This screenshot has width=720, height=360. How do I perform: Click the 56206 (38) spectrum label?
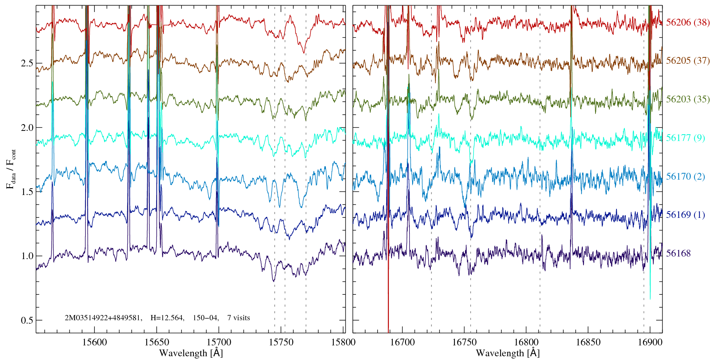tap(688, 22)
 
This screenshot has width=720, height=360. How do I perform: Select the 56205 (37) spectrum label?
tap(688, 61)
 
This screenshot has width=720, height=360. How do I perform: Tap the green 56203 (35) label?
tap(688, 99)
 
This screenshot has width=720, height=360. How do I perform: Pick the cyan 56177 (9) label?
tap(685, 138)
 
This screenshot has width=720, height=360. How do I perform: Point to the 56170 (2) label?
tap(685, 177)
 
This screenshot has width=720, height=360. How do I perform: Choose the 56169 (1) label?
tap(685, 215)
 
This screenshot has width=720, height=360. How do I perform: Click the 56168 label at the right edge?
tap(678, 253)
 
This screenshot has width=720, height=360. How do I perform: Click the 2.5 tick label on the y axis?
tap(27, 63)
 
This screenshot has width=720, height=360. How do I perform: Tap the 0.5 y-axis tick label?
tap(27, 321)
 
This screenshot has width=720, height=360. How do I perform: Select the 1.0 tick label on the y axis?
tap(27, 256)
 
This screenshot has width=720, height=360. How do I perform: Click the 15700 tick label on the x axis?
tap(219, 342)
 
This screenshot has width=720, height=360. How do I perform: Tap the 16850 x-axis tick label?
tap(588, 342)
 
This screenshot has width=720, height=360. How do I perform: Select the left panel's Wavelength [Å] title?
tap(191, 353)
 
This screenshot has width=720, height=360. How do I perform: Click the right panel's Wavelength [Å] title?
tap(508, 353)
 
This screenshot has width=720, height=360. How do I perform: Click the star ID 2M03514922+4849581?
tap(103, 318)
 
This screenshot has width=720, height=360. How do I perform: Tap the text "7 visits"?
tap(238, 318)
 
